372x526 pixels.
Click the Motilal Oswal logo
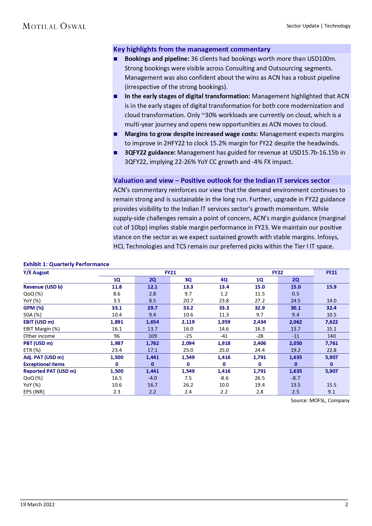coord(54,26)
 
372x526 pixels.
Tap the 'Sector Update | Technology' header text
coord(318,26)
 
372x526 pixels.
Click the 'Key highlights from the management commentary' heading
coord(192,49)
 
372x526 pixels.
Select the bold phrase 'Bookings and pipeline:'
coord(157,59)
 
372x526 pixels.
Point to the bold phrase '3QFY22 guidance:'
coord(150,153)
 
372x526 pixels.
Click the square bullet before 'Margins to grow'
coord(115,134)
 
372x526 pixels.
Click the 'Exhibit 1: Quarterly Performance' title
coord(66,264)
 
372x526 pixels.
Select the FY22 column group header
coord(277,272)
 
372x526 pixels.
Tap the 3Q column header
coord(188,280)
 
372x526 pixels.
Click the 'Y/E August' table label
coord(36,272)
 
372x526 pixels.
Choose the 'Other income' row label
coord(39,336)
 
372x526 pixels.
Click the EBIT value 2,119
coord(188,322)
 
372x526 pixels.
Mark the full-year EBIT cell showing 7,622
coord(331,322)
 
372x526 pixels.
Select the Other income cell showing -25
coord(188,336)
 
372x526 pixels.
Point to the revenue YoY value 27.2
coord(260,301)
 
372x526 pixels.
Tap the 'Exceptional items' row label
coord(44,364)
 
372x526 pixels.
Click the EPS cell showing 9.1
coord(331,392)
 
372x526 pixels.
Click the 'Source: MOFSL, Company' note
coord(320,400)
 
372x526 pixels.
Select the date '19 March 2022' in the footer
coord(37,504)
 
